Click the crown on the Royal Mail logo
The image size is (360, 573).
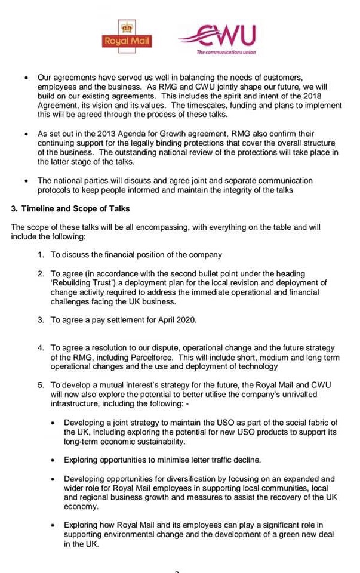click(127, 27)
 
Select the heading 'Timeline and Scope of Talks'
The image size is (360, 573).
click(75, 209)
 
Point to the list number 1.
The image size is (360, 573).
click(41, 255)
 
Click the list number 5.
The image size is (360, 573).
click(41, 386)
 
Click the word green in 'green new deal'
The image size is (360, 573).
click(286, 535)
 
